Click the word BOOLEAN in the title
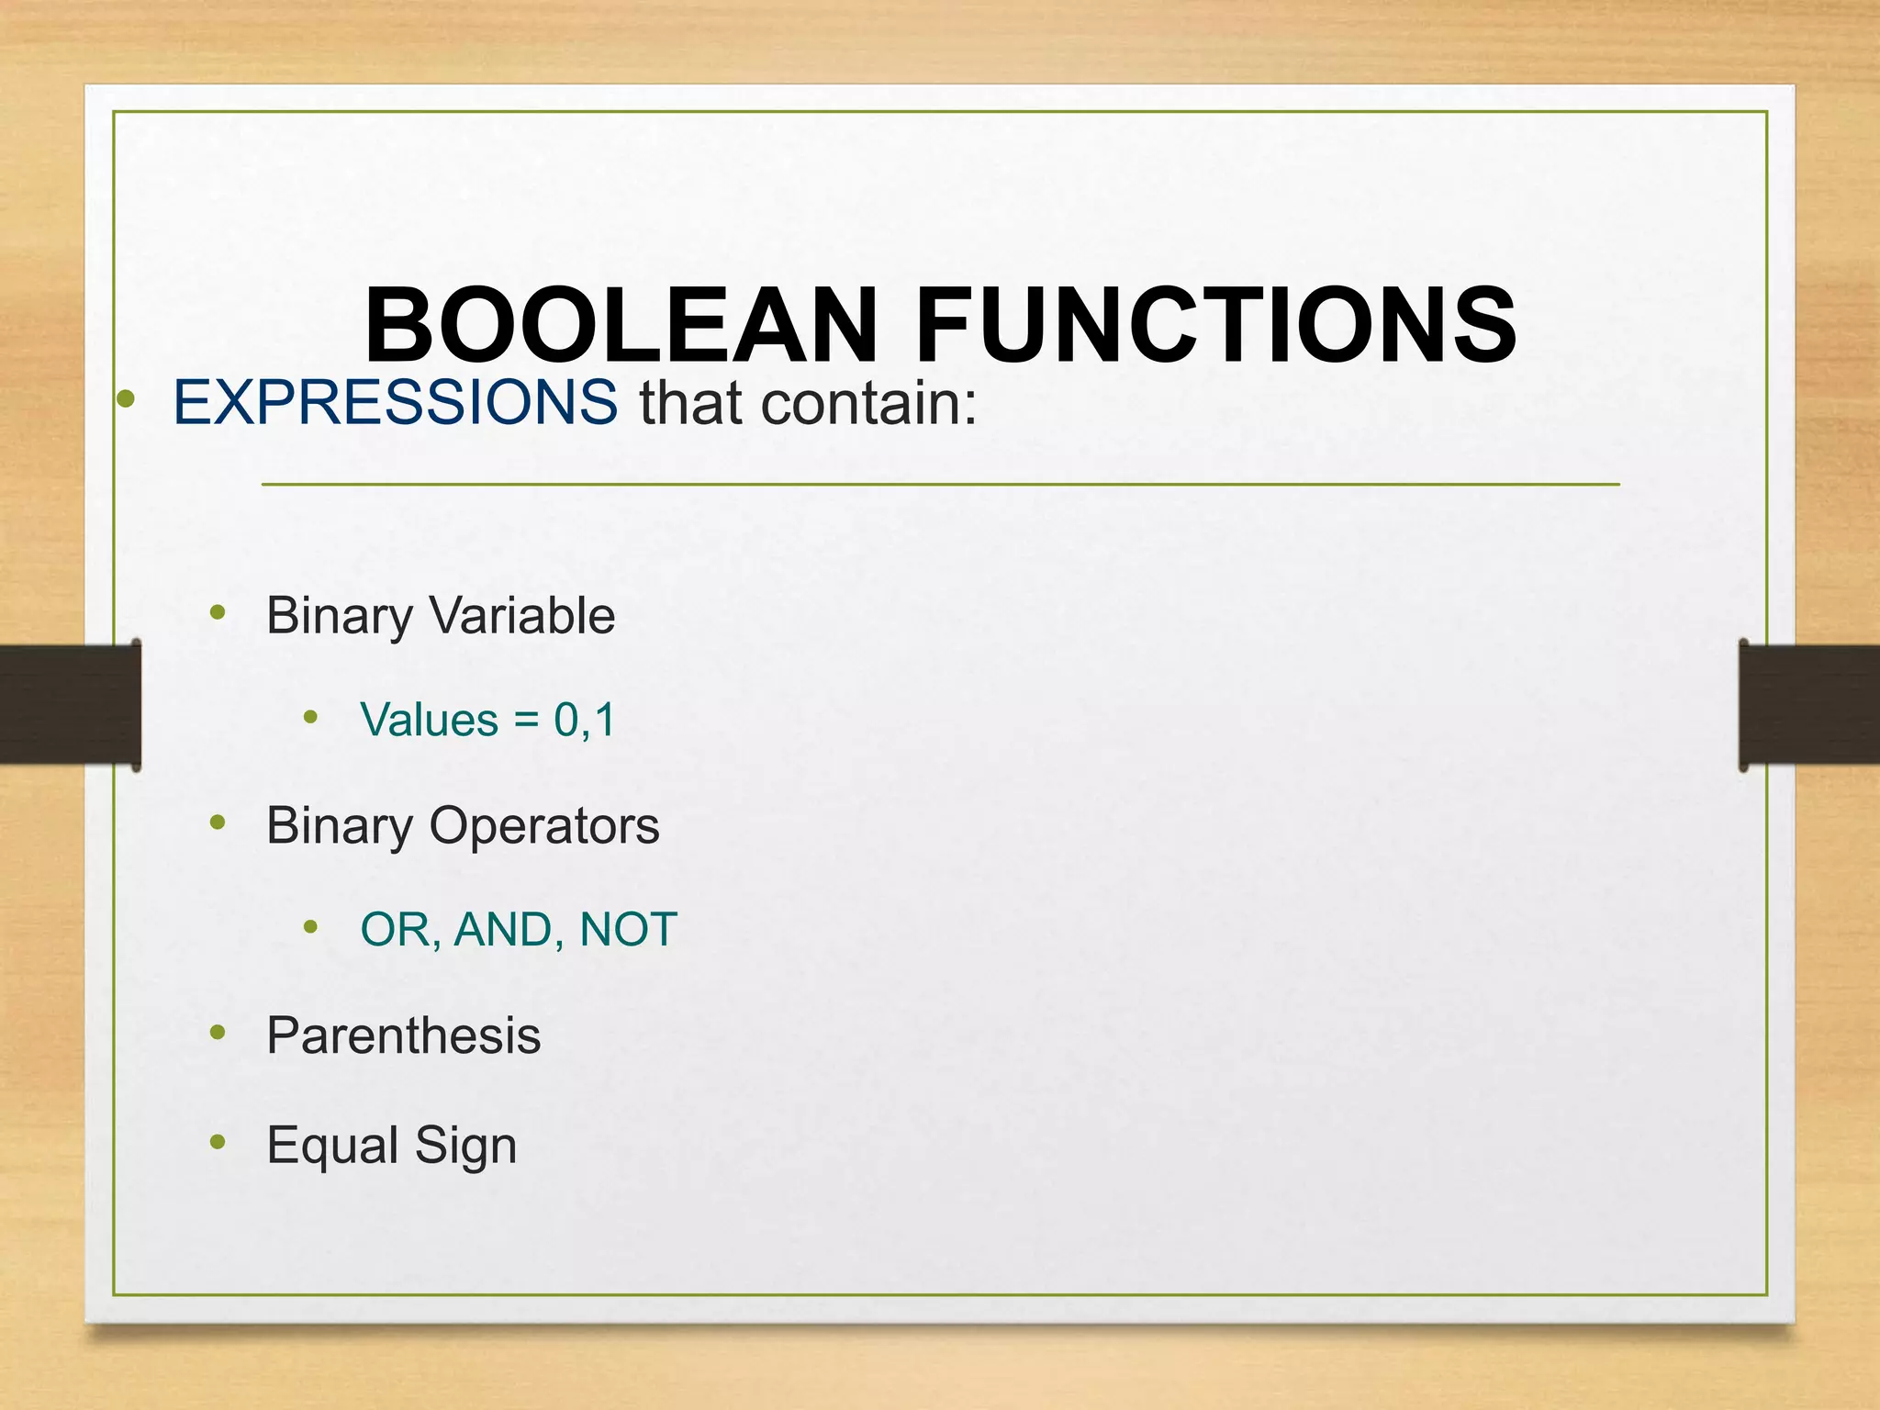[x=621, y=325]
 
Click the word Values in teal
[x=429, y=720]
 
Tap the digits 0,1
[x=584, y=720]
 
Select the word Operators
[x=544, y=825]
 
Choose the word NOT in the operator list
[x=629, y=930]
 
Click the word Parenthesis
[x=404, y=1035]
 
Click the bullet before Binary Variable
[x=218, y=612]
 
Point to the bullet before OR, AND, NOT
[x=311, y=927]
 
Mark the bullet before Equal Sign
[x=218, y=1142]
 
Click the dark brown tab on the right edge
[x=1809, y=705]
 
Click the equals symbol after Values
[x=526, y=720]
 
